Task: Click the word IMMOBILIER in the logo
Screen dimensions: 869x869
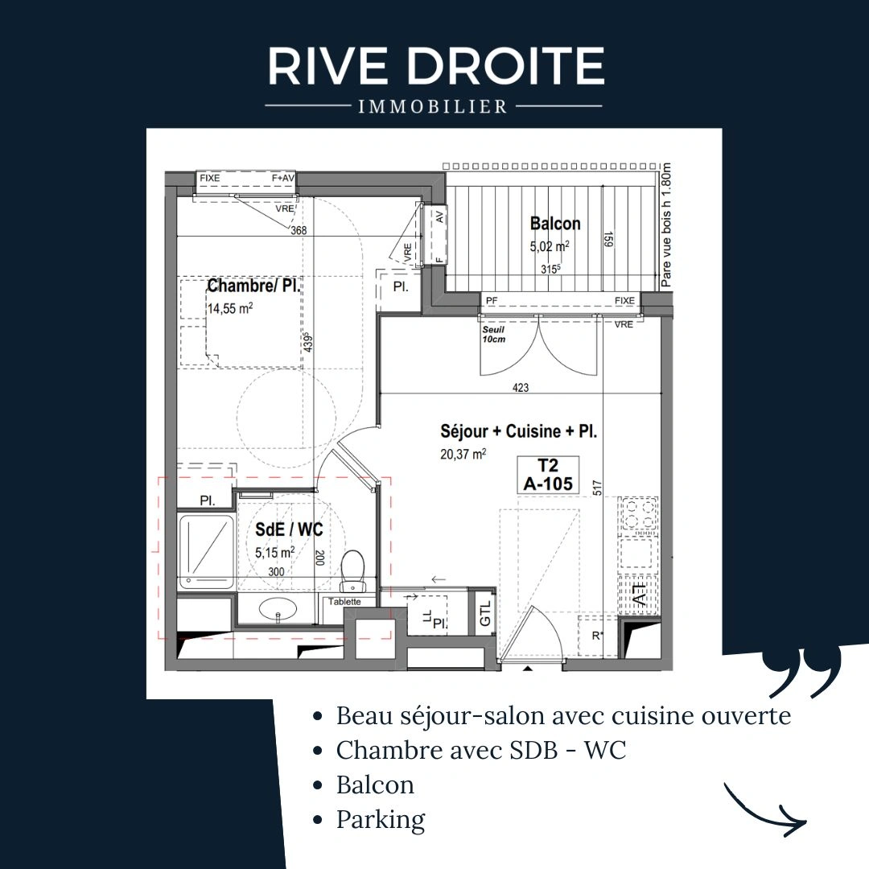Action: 433,106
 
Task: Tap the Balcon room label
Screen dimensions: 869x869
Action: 555,224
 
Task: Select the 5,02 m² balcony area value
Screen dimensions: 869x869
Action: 550,246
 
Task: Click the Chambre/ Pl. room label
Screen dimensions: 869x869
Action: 253,286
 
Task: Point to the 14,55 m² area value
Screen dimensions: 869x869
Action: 230,308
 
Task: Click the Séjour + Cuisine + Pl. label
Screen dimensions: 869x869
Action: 519,431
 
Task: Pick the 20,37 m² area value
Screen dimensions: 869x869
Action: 463,454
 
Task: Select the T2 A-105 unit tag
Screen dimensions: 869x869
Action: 548,475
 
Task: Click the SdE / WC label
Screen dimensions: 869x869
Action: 289,529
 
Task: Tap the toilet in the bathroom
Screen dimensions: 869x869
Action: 352,570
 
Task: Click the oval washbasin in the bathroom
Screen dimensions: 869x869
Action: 278,608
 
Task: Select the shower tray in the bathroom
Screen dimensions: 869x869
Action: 206,551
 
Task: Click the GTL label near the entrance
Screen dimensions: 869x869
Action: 485,613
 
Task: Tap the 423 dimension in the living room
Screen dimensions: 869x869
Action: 521,387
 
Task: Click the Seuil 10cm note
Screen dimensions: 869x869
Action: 493,334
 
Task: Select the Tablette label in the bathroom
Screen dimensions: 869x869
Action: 344,601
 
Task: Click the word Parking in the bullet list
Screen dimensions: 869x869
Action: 381,820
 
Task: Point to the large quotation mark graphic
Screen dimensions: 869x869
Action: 802,674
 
